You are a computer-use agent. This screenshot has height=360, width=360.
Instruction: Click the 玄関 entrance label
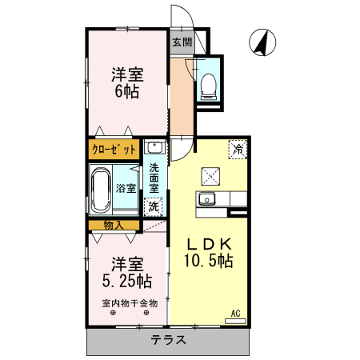tap(182, 42)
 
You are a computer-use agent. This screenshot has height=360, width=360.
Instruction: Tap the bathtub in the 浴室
tap(101, 190)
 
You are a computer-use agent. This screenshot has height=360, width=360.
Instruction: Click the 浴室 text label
tap(126, 190)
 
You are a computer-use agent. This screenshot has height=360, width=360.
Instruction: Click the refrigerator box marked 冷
tap(238, 148)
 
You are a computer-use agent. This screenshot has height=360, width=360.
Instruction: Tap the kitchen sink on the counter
tap(209, 199)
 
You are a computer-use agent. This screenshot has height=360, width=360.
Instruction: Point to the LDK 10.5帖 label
tap(210, 253)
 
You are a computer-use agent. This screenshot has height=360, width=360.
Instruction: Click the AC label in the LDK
tap(236, 313)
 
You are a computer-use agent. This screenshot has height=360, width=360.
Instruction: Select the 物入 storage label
tap(113, 225)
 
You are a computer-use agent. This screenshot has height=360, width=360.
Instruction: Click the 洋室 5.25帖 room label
tap(127, 272)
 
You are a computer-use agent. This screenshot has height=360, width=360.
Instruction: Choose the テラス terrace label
tap(169, 339)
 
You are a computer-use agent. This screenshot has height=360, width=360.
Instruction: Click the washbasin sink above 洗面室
tap(154, 148)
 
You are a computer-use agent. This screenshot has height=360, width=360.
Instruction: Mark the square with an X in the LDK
tap(210, 174)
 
